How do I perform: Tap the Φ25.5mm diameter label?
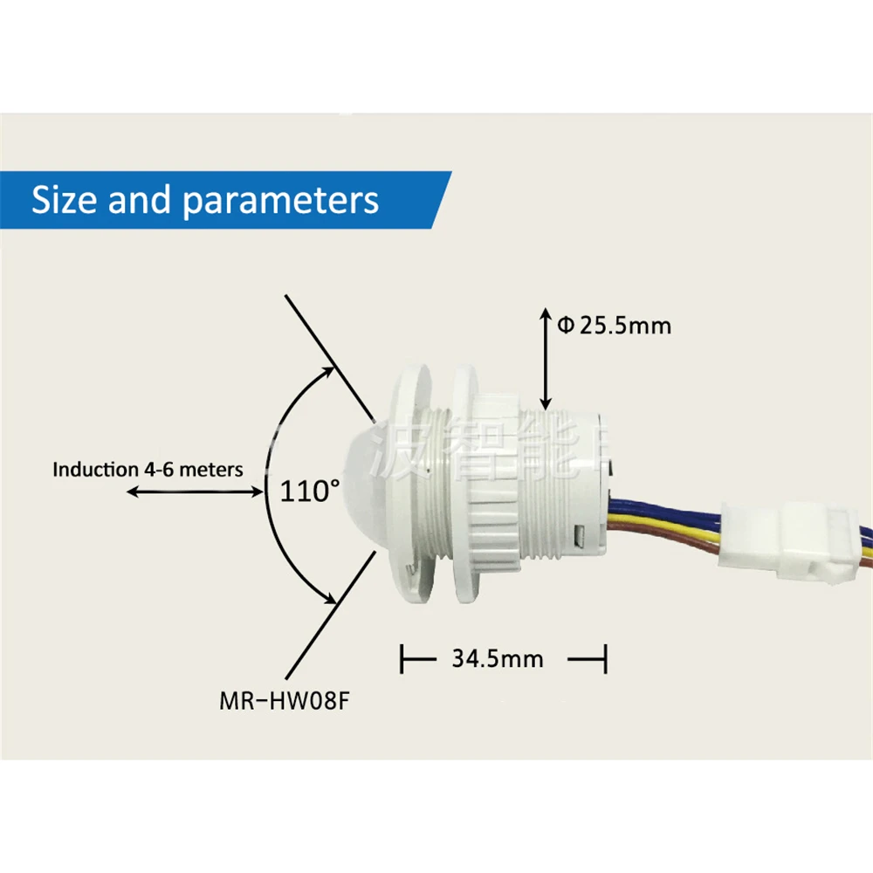[x=615, y=326]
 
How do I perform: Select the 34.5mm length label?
[x=498, y=657]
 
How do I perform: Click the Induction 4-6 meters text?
[x=148, y=470]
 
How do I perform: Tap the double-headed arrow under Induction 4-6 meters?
[x=194, y=492]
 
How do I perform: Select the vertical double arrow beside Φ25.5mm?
[x=545, y=358]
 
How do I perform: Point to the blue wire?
[x=663, y=507]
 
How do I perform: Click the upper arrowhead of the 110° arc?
[x=330, y=370]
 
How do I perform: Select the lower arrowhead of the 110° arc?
[x=330, y=600]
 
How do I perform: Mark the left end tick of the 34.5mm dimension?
[x=402, y=659]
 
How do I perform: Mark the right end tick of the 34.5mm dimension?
[x=605, y=659]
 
